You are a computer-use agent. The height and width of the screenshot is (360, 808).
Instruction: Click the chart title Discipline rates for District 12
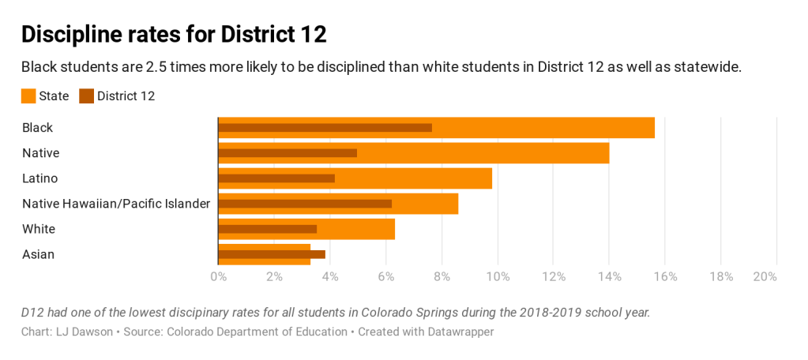point(174,35)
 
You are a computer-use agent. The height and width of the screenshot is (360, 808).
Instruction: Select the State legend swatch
point(28,96)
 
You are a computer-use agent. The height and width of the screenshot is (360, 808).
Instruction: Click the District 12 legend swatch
point(87,96)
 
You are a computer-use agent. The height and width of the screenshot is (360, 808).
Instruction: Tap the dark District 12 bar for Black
point(325,127)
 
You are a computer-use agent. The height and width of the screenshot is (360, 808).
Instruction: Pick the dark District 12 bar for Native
point(287,152)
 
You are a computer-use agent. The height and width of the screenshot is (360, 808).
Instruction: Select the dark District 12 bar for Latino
point(276,178)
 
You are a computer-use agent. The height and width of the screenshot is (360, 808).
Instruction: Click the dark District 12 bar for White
point(267,229)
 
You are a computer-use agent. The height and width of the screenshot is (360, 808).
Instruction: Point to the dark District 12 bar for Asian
point(272,254)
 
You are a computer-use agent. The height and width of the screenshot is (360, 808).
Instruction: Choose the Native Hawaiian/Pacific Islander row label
point(116,204)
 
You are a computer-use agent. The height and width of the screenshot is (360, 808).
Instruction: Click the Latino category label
point(40,178)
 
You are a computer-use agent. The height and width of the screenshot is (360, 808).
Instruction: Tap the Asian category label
point(38,254)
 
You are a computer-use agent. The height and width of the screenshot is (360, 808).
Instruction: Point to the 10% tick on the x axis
point(498,276)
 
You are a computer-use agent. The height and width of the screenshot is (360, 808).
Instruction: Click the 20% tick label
point(765,276)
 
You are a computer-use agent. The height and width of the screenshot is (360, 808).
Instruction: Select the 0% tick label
point(218,276)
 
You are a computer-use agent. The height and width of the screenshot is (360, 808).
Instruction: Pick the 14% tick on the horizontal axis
point(609,276)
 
